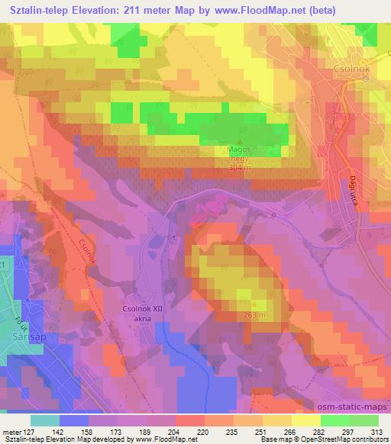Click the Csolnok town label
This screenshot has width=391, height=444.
pos(351,66)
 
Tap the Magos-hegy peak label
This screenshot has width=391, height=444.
pos(243,156)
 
